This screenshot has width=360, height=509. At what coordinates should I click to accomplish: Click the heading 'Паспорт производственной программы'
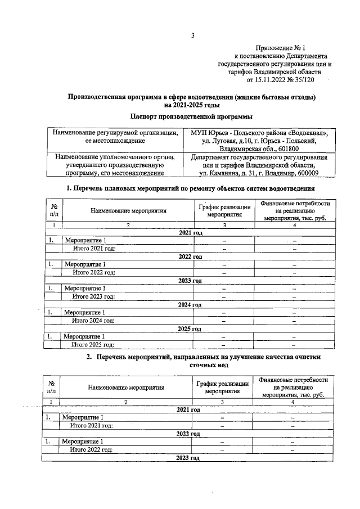pyautogui.click(x=191, y=116)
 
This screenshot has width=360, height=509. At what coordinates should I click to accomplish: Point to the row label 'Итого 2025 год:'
pyautogui.click(x=92, y=345)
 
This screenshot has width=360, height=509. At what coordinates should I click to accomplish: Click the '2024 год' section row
pyautogui.click(x=189, y=304)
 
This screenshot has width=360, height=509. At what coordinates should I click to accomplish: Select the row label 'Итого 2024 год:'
pyautogui.click(x=92, y=321)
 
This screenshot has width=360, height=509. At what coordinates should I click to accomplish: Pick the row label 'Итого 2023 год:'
pyautogui.click(x=92, y=296)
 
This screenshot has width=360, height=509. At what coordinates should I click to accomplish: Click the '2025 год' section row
pyautogui.click(x=189, y=329)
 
